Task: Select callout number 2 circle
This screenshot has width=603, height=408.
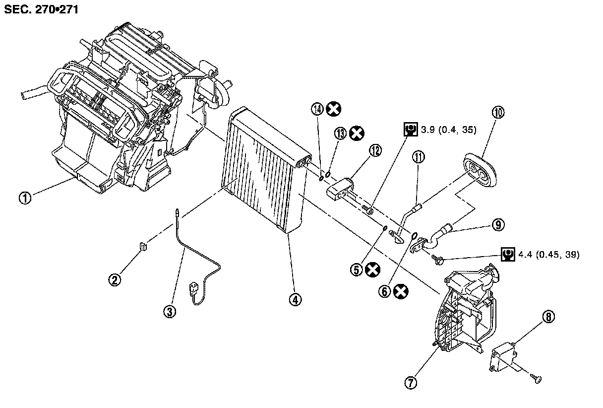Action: click(115, 280)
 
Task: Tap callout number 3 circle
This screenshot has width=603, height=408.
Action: click(170, 311)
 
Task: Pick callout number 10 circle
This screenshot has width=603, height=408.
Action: click(498, 113)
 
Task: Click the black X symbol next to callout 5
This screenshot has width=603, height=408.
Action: click(372, 270)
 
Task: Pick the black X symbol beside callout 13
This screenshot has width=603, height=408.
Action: click(357, 133)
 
